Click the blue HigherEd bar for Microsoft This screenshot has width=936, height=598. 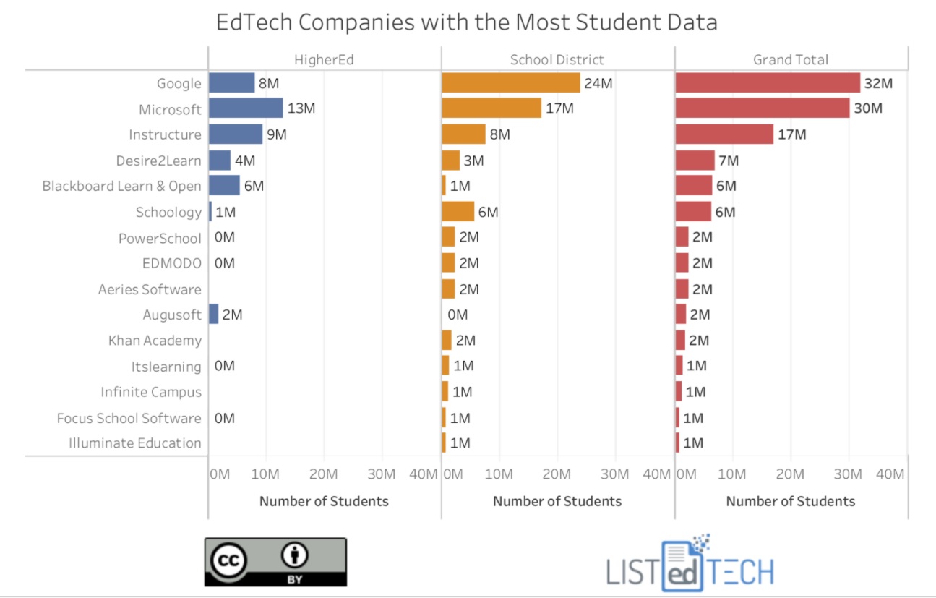coord(246,108)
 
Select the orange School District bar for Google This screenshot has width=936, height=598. coord(511,82)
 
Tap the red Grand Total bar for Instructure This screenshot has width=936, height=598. coord(724,134)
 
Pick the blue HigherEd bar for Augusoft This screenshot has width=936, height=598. coord(214,314)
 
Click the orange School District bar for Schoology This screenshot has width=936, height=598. coord(458,211)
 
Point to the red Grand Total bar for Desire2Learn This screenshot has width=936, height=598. coord(695,160)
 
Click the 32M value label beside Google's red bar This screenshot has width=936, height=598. coord(878,83)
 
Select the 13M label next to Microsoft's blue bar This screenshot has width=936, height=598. coord(301,108)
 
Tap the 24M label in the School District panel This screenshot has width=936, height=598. coord(598,83)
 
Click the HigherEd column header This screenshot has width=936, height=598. coord(324,60)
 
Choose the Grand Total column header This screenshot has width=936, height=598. coord(791,60)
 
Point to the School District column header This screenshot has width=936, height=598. coord(557,60)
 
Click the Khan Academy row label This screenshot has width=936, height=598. coord(155,341)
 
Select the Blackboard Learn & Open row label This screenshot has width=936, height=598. coord(122,186)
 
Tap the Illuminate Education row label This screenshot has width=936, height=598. coord(135,443)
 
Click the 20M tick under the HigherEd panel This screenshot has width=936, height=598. coord(323,474)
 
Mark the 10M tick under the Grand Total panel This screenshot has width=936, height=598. coord(731,474)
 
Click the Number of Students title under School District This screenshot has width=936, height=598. coord(557,501)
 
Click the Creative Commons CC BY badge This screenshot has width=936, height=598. coord(275,562)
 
